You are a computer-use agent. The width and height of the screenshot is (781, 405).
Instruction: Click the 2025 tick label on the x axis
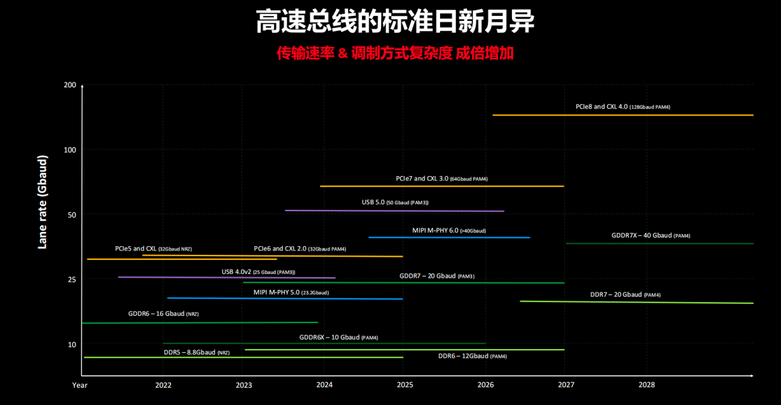click(405, 385)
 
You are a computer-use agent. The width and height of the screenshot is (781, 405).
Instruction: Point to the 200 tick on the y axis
click(70, 84)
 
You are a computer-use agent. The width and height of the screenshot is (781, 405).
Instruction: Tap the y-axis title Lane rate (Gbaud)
click(42, 202)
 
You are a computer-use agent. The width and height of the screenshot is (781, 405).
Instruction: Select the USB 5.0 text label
click(395, 202)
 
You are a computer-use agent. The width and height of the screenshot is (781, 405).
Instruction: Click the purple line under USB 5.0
click(394, 211)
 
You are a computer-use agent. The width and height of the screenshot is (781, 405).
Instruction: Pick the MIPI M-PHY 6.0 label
click(449, 231)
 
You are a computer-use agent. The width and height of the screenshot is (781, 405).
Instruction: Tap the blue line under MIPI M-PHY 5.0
click(284, 299)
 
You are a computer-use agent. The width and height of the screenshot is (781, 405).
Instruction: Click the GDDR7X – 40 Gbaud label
click(655, 236)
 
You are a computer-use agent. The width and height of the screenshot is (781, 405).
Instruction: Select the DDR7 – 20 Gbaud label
click(625, 295)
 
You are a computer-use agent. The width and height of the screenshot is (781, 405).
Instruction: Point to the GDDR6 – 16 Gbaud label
click(163, 314)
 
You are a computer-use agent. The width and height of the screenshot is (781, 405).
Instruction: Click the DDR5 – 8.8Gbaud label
click(196, 352)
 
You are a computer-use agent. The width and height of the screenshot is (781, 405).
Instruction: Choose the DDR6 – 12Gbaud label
click(472, 356)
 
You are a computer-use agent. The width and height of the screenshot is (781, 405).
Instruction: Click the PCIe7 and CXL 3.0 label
click(441, 178)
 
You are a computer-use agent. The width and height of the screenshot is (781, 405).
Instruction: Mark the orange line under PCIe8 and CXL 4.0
click(622, 115)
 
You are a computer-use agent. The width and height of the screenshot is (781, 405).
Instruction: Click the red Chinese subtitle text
click(395, 54)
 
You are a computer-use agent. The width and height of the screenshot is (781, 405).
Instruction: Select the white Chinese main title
click(395, 21)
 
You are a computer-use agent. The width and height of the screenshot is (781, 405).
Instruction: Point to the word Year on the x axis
click(79, 385)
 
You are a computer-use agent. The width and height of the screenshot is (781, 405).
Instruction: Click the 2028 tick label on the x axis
click(647, 385)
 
